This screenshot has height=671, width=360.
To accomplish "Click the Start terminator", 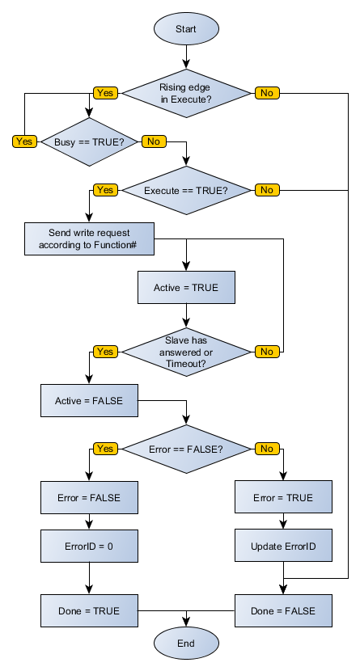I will click(186, 29).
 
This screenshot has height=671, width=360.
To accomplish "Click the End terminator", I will click(186, 643).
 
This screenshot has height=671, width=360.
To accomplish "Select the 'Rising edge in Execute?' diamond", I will click(186, 93).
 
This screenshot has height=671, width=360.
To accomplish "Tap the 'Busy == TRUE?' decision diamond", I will click(89, 142).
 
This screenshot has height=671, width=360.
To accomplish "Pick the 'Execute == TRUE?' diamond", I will click(186, 191).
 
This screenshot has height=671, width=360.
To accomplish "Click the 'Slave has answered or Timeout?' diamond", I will click(186, 352).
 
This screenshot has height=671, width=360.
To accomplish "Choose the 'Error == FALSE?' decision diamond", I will click(186, 449).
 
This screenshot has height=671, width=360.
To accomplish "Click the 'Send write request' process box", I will click(89, 239).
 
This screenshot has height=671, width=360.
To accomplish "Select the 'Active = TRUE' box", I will click(186, 288).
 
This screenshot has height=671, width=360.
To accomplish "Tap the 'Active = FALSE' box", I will click(89, 400).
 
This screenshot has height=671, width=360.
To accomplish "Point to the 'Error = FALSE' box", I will click(89, 497).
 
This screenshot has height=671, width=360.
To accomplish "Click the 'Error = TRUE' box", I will click(283, 497).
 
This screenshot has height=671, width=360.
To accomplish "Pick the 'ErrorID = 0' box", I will click(89, 546).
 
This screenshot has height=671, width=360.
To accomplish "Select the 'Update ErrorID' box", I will click(283, 546).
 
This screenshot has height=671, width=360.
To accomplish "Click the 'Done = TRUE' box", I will click(89, 610).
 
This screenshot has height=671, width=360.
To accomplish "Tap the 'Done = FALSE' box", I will click(283, 610).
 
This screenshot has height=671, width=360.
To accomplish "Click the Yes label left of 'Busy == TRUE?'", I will click(24, 141).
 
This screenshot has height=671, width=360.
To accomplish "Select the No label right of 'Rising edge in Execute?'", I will click(266, 93).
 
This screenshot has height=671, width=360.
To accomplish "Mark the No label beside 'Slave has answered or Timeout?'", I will click(266, 352).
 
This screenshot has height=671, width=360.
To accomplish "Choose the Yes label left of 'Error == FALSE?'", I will click(105, 449).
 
